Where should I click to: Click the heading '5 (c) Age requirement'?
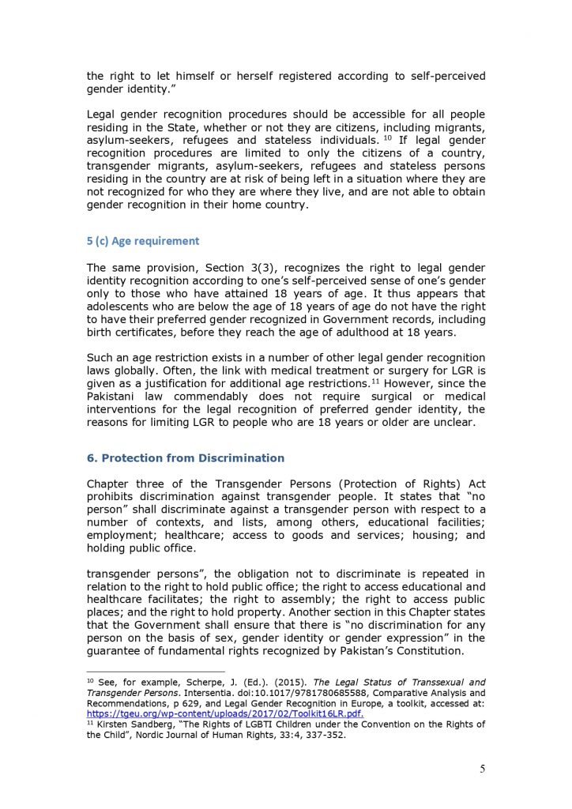coord(143,241)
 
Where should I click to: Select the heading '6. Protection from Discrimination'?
coord(186,458)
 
